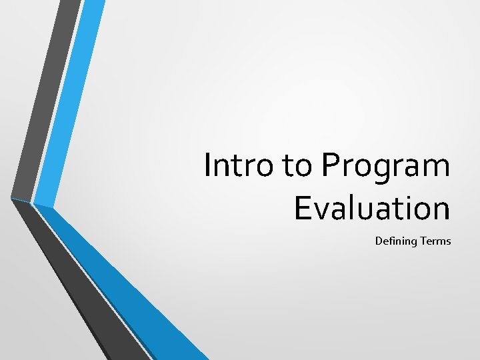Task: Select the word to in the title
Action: click(x=298, y=166)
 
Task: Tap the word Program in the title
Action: click(x=386, y=167)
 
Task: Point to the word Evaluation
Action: click(x=372, y=208)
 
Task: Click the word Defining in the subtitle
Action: click(x=396, y=241)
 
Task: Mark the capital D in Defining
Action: click(x=379, y=241)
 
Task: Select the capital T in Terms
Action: click(x=423, y=241)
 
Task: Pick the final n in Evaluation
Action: click(x=440, y=211)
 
